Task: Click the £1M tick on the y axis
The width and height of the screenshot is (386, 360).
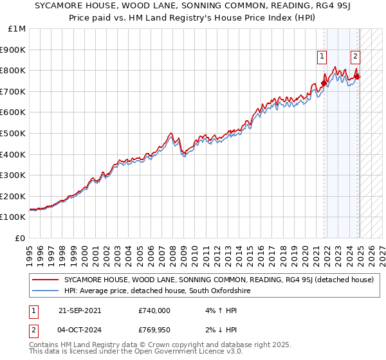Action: (x=17, y=29)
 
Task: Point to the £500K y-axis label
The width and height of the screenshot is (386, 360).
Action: (x=14, y=133)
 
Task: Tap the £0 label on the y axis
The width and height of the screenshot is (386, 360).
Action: (x=21, y=238)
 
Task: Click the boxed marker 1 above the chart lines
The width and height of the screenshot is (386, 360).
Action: (x=321, y=57)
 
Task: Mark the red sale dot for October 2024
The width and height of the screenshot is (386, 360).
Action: (x=357, y=76)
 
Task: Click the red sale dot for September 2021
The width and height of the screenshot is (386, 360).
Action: (x=324, y=83)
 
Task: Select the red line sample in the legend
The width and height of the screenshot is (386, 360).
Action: (x=45, y=280)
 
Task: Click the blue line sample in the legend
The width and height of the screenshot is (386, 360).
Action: (x=45, y=291)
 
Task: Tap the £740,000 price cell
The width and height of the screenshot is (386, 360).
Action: (x=154, y=310)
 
